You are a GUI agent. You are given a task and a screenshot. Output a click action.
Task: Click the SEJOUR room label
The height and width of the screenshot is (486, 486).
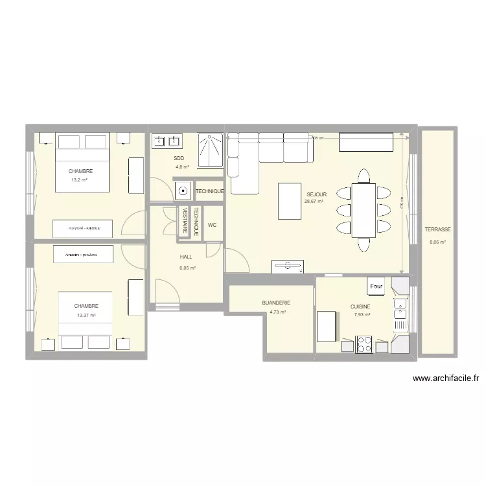click(317, 194)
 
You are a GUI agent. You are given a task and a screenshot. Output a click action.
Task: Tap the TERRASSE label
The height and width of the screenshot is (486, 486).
click(438, 230)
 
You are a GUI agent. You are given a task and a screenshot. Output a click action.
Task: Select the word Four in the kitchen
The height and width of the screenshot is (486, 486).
click(376, 286)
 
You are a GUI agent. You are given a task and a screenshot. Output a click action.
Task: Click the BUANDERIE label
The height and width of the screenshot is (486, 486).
click(276, 303)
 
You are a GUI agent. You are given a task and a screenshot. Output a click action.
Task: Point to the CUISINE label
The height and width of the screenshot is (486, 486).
click(361, 307)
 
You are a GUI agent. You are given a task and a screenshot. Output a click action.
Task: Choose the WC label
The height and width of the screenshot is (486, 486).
click(212, 226)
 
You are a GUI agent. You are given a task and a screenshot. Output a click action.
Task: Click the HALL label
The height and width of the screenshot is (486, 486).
click(186, 257)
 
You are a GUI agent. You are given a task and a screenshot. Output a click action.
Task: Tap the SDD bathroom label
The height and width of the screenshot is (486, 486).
click(179, 158)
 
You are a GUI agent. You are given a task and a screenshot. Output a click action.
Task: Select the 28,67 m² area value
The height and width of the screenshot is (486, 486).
click(314, 202)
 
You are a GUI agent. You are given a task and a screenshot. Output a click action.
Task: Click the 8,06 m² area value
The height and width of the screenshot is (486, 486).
click(437, 243)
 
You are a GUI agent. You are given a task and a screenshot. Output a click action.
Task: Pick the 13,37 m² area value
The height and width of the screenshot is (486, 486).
click(86, 315)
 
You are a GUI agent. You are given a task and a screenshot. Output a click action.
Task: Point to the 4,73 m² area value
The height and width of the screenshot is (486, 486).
click(277, 312)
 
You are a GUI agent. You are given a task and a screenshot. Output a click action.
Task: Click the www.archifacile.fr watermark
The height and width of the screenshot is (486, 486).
click(445, 379)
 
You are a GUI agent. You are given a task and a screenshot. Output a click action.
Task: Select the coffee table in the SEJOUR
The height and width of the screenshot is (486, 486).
click(289, 200)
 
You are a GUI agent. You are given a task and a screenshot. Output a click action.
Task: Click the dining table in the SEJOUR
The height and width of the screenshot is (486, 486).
click(364, 211)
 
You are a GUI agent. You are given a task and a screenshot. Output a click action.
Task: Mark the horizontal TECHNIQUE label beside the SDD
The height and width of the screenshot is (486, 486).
click(209, 191)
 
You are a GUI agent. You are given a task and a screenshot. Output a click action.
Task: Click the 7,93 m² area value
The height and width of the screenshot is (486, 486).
click(362, 315)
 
